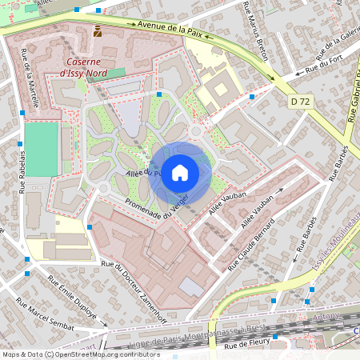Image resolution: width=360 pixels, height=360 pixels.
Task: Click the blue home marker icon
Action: [x=180, y=172]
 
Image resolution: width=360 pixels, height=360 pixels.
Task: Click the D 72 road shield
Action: [x=300, y=102]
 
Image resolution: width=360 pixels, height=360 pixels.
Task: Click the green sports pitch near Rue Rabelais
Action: [x=41, y=149]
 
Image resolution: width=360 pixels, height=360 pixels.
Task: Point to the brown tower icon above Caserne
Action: [x=98, y=32]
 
